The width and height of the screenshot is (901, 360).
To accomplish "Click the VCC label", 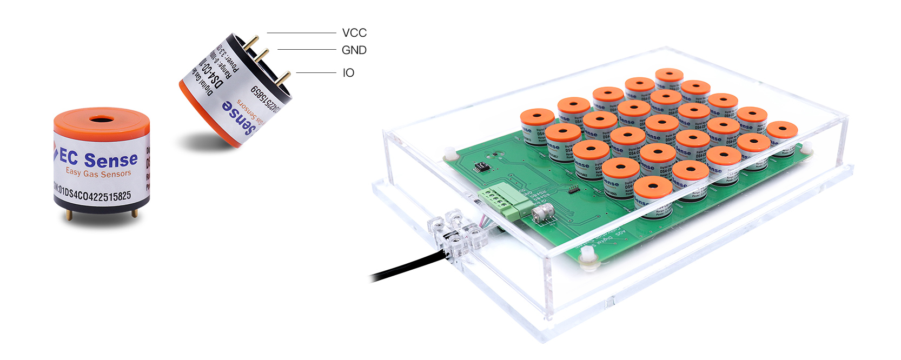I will pos(354,33).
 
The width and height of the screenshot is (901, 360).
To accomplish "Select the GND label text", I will pos(354,50).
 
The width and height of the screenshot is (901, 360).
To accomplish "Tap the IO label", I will pos(348,73).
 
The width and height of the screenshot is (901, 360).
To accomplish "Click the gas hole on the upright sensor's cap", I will pos(101,118).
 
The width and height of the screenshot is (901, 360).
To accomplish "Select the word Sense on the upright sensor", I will pos(111,160).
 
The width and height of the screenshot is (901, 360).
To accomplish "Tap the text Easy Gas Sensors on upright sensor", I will pos(98,173).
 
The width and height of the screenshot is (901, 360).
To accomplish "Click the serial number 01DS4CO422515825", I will pos(93,193).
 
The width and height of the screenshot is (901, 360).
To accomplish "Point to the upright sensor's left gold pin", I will pos(69,215).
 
